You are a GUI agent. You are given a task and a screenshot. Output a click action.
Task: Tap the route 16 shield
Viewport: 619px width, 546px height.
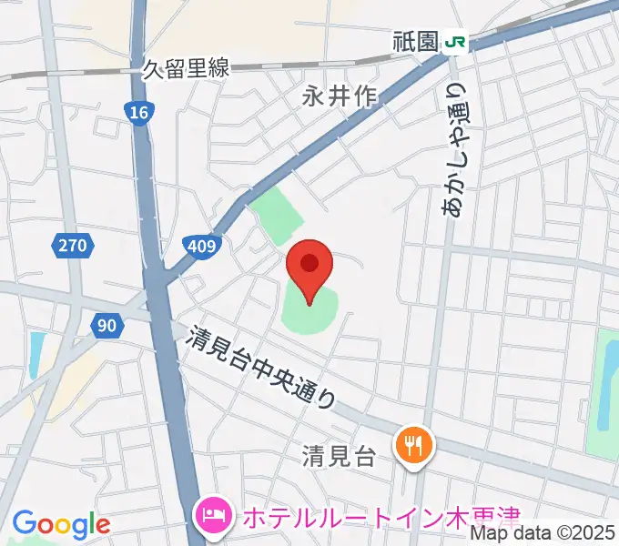point(137,113)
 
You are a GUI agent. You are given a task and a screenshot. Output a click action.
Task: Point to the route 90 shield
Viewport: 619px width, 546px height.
point(107,324)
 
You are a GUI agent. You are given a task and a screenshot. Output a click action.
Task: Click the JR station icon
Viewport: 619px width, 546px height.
point(454,42)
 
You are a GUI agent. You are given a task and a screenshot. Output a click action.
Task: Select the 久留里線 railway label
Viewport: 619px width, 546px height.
point(186,67)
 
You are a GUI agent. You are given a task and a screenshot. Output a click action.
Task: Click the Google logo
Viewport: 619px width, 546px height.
point(61,524)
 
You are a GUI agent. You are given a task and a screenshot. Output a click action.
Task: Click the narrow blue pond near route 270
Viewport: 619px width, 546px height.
point(36,355)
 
